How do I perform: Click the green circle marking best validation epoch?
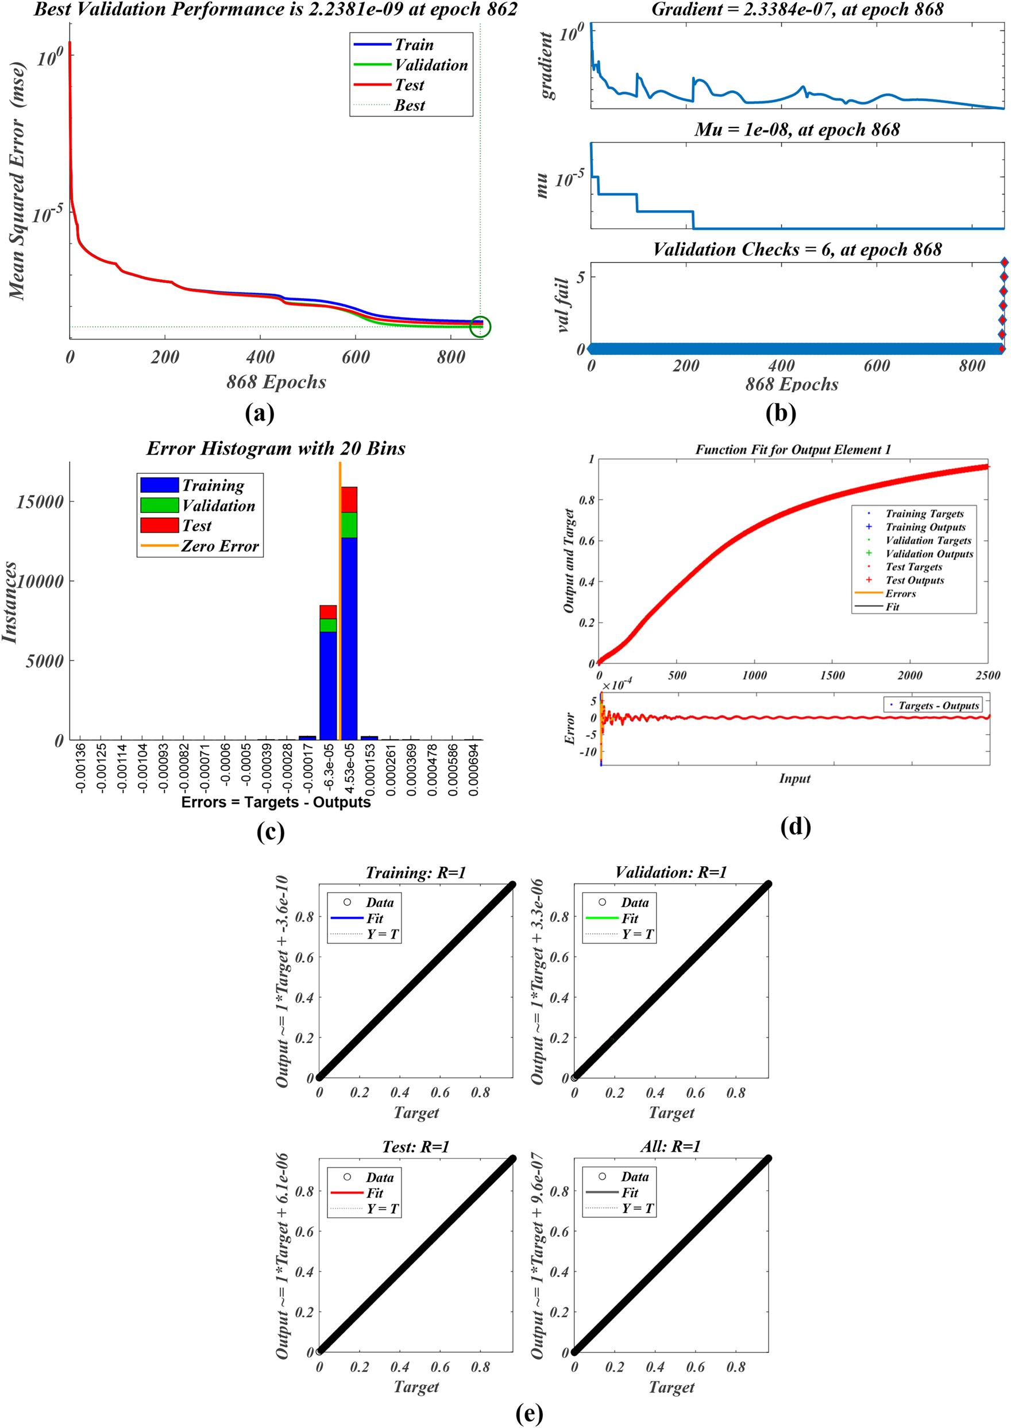[480, 326]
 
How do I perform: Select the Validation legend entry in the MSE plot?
[431, 65]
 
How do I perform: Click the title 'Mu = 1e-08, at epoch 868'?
[797, 129]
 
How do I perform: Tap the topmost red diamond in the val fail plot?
[1004, 263]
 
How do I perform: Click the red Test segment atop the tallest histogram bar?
[349, 499]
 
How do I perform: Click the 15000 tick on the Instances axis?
[40, 501]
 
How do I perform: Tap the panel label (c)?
[270, 832]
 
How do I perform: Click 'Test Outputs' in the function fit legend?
[914, 580]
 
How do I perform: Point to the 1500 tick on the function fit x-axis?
[832, 676]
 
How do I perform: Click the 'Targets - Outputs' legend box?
[932, 705]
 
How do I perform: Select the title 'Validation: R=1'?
[670, 872]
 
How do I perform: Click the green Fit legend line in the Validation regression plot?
[601, 918]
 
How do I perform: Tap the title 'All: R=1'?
[670, 1146]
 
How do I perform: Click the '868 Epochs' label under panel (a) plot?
[276, 381]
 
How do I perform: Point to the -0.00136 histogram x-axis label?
[80, 767]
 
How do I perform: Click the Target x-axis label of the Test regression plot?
[416, 1386]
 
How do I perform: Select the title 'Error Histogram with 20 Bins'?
[276, 448]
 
